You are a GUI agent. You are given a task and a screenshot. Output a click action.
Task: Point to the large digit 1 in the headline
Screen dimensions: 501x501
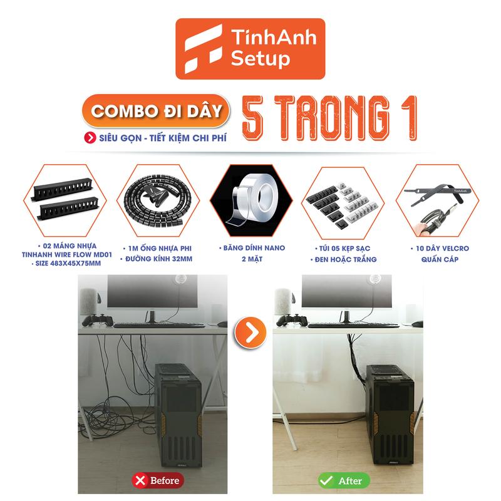[x=402, y=117]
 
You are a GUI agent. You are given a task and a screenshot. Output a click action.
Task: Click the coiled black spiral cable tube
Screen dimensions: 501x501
[x=152, y=195]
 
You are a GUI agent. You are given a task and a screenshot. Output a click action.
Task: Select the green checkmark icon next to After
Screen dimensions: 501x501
[x=326, y=481]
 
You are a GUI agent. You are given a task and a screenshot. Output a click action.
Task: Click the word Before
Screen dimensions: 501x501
[x=164, y=481]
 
